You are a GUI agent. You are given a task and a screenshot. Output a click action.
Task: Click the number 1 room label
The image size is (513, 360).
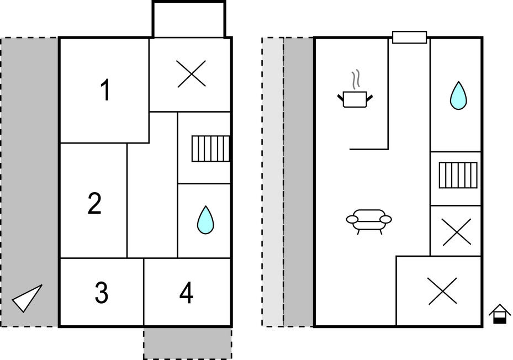[x=105, y=91]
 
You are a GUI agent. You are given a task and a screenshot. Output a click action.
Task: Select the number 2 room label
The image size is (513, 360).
[x=94, y=204]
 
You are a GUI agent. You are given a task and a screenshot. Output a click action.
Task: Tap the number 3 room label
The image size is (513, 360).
[x=101, y=293]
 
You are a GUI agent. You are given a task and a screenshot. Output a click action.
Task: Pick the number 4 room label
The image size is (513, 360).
[x=187, y=293]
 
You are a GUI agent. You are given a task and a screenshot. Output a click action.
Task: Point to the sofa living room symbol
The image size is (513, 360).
[x=369, y=220]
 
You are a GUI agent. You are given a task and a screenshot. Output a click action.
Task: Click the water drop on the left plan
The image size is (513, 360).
[x=205, y=220]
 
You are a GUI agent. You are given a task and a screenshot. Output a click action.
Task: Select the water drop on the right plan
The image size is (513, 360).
[x=458, y=96]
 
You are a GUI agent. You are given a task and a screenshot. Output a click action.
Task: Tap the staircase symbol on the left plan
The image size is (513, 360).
[x=210, y=149]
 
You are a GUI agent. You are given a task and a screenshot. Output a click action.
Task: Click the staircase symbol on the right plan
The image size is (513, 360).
[x=458, y=175]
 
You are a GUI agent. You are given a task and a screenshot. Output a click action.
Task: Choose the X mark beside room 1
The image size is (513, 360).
[x=192, y=74]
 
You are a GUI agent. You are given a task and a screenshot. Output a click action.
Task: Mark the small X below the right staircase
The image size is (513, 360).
[x=457, y=231]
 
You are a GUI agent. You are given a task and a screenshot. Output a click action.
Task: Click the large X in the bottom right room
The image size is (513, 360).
[x=442, y=290]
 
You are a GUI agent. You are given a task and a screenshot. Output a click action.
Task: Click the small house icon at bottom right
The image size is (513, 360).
[x=500, y=314]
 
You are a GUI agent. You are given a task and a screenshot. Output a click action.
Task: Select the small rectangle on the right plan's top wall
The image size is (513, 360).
[x=409, y=37]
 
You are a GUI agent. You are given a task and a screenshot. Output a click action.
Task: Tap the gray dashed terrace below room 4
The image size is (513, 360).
[x=187, y=343]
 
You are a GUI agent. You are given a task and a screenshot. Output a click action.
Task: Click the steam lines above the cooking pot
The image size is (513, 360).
[x=357, y=79]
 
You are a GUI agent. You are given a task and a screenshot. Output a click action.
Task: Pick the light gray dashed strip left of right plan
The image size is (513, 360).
[x=272, y=182]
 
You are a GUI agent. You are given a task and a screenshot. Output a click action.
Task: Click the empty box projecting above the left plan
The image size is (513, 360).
[x=189, y=19]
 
